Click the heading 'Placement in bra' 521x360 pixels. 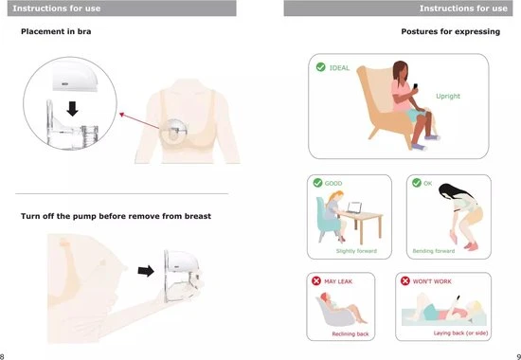tap(56, 31)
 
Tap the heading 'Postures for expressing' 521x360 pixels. tap(451, 31)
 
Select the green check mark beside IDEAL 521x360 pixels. tap(320, 67)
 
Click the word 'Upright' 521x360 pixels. tap(448, 96)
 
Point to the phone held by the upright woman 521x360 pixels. tap(415, 86)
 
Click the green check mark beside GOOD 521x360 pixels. tap(317, 183)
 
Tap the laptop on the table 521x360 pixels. tap(354, 207)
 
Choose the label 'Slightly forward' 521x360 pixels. tap(356, 251)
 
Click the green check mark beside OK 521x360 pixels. tap(417, 183)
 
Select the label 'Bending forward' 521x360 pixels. tap(434, 251)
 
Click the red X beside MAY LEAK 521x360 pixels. tap(316, 281)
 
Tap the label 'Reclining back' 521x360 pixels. tap(350, 334)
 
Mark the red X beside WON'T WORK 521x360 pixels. tap(405, 281)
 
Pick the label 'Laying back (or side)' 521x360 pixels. tap(460, 333)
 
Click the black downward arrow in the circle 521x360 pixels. tap(72, 109)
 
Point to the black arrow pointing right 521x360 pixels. tap(146, 271)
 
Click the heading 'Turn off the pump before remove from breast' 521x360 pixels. tap(116, 216)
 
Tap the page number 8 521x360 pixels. tap(2, 357)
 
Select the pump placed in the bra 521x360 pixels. tap(173, 132)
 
